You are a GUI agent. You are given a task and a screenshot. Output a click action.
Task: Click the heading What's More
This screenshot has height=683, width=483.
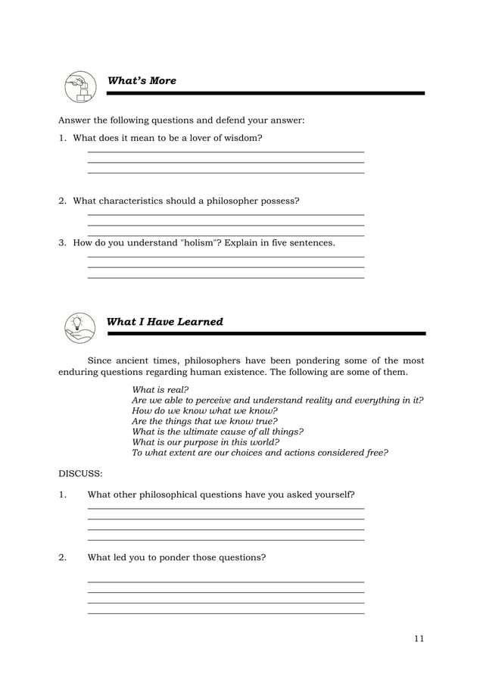(x=142, y=81)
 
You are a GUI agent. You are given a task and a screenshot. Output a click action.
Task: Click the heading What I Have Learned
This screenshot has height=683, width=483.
(x=165, y=322)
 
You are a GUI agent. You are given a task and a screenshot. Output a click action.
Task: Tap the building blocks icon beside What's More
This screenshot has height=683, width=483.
(x=79, y=87)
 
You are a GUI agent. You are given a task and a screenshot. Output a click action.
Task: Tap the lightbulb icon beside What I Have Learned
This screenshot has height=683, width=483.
(x=79, y=327)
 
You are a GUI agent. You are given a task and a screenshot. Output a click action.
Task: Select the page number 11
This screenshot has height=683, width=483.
(x=419, y=638)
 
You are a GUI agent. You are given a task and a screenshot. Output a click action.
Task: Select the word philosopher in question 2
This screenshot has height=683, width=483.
(x=227, y=201)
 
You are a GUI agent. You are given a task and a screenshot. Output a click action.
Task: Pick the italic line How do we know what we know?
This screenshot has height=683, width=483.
(x=200, y=410)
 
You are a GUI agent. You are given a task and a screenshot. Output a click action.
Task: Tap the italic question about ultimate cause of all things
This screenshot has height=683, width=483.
(x=218, y=432)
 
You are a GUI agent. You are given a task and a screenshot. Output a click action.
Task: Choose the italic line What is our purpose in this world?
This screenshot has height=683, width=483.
(x=206, y=442)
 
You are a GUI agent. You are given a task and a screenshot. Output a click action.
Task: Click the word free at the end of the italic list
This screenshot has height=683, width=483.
(x=375, y=453)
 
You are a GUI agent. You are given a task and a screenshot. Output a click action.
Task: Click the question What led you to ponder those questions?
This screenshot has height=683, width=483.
(x=177, y=558)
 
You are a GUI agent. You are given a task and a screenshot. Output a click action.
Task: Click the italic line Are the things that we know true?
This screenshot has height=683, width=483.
(x=205, y=421)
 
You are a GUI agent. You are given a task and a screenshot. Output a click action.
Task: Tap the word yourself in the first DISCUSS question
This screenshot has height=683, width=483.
(x=334, y=495)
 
